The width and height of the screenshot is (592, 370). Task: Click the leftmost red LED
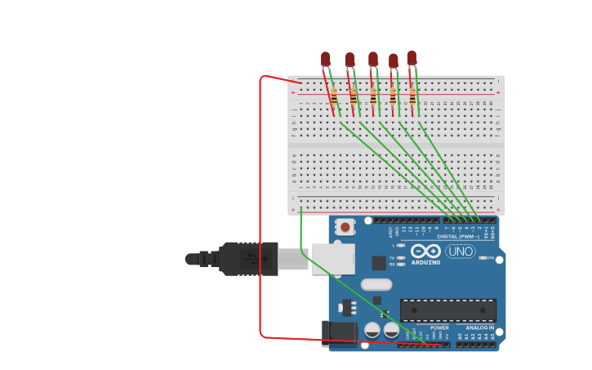326,59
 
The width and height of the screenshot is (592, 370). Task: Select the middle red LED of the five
373,59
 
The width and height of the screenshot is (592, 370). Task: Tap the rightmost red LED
412,57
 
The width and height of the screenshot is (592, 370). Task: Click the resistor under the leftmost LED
333,96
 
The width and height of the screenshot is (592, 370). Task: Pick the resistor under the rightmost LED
412,96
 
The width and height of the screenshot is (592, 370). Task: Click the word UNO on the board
461,252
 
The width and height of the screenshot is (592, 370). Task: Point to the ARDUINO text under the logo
425,262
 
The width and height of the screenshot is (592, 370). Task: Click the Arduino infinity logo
425,251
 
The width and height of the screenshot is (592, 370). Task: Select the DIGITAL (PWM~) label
458,237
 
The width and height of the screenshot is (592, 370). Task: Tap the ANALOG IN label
479,328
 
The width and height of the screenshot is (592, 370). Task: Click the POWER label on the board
439,328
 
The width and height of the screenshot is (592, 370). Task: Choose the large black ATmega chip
447,310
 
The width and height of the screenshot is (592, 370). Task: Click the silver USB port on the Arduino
333,259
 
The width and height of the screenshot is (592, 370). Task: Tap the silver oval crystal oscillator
376,284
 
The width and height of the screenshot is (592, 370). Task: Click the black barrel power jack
338,333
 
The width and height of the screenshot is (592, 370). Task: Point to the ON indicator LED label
491,258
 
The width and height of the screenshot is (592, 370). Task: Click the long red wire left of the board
260,204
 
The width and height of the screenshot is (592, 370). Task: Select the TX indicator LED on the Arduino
401,258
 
